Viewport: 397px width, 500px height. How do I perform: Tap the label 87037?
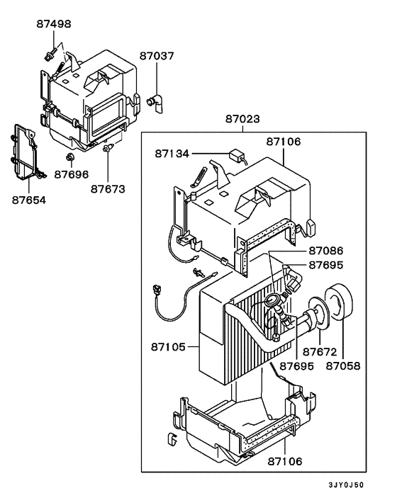(x=156, y=55)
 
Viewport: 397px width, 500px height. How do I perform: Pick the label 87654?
(x=28, y=200)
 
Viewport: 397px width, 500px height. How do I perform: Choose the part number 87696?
(x=72, y=174)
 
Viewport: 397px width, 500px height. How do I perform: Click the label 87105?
(x=169, y=347)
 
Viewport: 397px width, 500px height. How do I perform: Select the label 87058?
(x=344, y=366)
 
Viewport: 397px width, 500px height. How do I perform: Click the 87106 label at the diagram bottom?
(x=284, y=461)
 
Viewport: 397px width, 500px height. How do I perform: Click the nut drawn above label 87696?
(x=72, y=156)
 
